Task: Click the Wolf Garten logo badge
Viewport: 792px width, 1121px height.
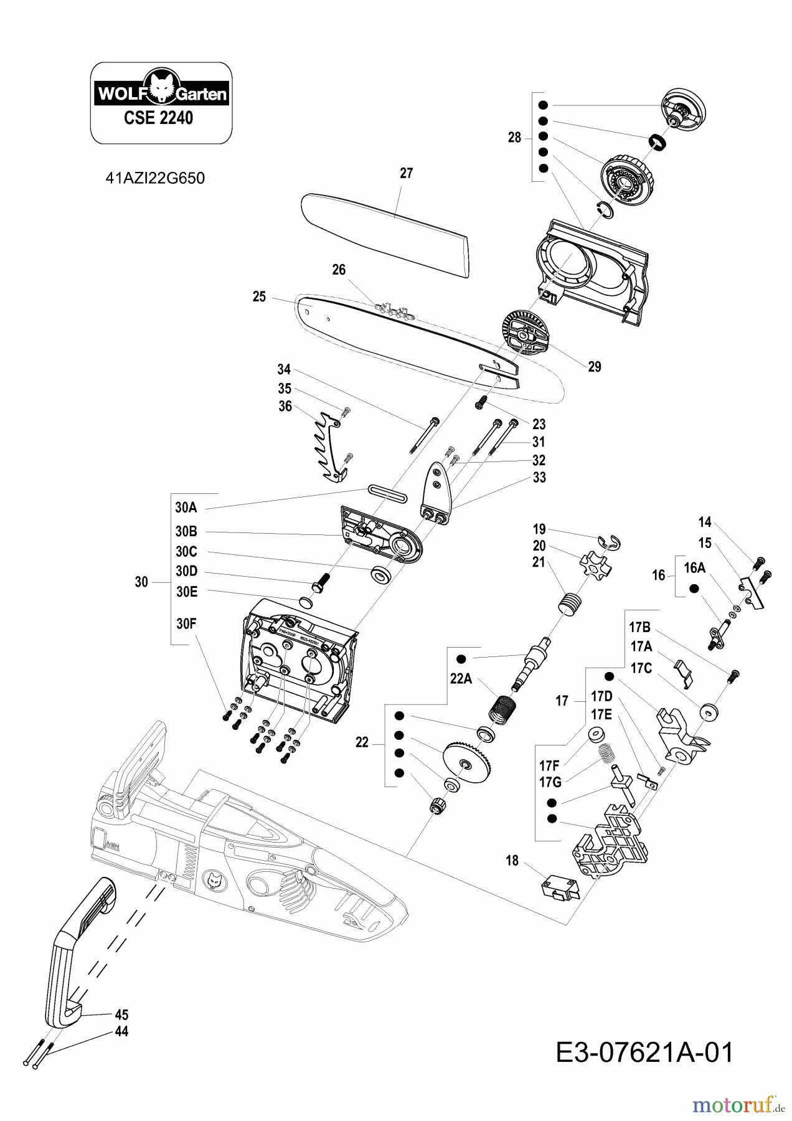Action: point(161,93)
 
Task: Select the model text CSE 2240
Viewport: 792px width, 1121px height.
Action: point(158,118)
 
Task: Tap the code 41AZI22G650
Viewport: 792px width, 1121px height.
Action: point(155,178)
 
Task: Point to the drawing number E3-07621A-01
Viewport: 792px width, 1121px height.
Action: point(644,1052)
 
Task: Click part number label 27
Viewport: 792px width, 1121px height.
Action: point(407,174)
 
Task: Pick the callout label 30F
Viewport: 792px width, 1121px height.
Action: point(186,623)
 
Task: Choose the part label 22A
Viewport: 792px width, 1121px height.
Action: point(461,678)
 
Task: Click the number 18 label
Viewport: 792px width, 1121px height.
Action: point(512,861)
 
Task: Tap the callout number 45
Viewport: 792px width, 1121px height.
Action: point(121,1015)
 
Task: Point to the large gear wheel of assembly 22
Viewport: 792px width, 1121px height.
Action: point(468,762)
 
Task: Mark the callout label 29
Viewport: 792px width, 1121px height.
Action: point(595,367)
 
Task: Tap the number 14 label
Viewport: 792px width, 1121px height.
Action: point(705,522)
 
